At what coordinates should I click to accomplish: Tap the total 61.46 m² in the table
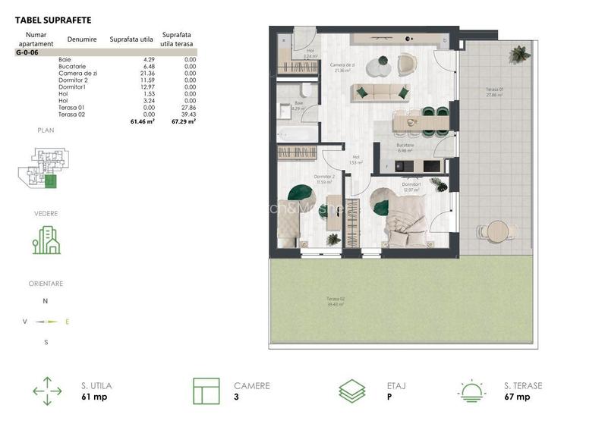click(142, 121)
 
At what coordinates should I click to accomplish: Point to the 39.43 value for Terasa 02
click(187, 115)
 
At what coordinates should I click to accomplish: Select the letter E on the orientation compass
click(67, 322)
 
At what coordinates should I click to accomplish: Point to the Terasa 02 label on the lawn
click(336, 300)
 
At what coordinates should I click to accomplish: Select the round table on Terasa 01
click(496, 230)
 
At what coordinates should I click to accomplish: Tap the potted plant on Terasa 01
click(519, 54)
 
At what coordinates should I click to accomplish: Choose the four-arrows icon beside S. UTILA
click(47, 391)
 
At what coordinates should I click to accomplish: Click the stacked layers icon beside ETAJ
click(351, 391)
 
